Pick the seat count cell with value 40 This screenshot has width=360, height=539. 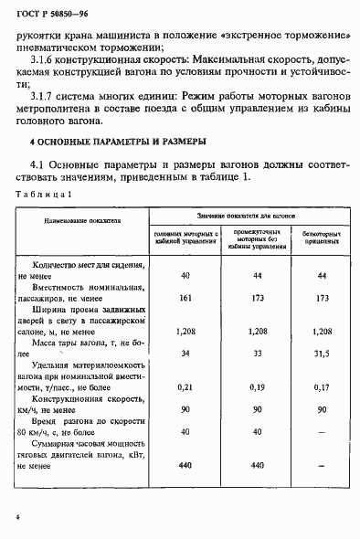(185, 275)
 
